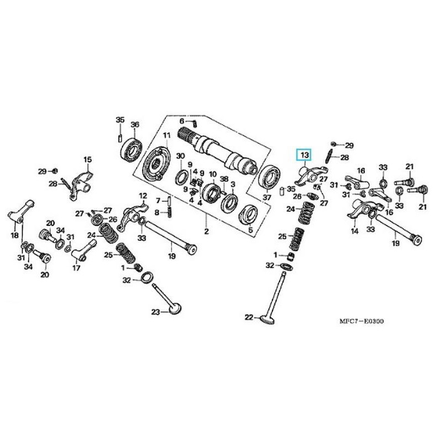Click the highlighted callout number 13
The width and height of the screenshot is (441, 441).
305,155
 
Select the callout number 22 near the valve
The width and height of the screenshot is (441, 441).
249,317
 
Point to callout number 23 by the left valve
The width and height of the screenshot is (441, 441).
156,313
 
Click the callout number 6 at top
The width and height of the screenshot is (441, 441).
181,121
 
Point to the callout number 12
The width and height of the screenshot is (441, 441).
143,196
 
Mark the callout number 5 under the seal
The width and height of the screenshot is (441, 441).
250,230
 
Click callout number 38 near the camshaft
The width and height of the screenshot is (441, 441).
223,180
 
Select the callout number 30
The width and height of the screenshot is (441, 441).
180,157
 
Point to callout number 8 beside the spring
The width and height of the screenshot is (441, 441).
157,212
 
